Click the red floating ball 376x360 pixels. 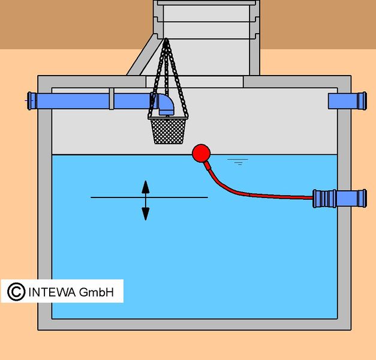point(201,153)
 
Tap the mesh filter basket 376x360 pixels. point(168,130)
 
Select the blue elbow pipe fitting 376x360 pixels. point(166,104)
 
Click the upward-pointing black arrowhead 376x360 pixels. point(146,187)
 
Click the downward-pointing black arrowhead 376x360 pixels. point(146,214)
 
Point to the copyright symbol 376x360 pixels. point(16,292)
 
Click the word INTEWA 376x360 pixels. point(52,292)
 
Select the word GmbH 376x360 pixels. point(96,292)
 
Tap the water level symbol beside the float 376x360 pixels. point(238,162)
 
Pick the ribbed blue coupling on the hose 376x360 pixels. point(324,199)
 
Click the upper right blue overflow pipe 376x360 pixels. point(347,101)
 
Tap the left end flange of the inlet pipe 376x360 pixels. point(30,101)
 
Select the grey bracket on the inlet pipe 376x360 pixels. point(112,99)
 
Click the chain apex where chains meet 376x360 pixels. point(166,40)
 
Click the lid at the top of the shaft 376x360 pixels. point(206,3)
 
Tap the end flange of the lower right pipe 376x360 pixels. point(364,199)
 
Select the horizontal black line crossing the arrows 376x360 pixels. point(149,197)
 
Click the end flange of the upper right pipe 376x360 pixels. point(364,101)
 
